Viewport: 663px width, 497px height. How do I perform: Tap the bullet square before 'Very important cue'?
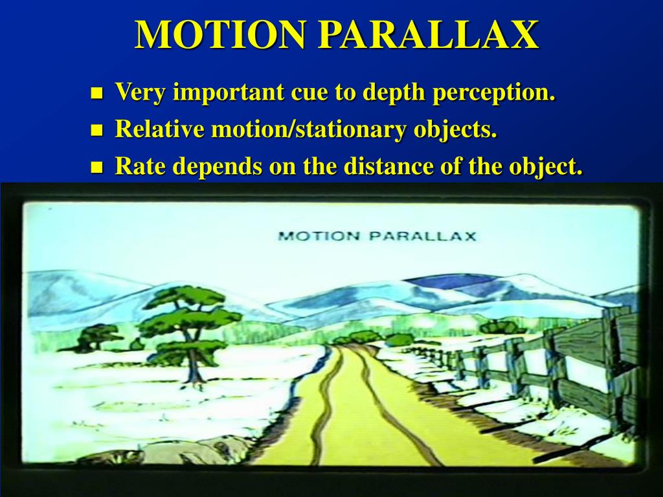click(x=97, y=93)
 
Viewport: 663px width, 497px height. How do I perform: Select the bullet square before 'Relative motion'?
click(x=97, y=130)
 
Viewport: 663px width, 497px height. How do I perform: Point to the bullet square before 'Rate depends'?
click(x=97, y=168)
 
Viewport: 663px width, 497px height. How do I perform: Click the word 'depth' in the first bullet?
click(x=394, y=93)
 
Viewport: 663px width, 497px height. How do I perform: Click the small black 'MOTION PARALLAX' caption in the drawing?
click(x=377, y=236)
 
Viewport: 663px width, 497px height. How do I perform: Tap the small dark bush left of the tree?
click(x=97, y=337)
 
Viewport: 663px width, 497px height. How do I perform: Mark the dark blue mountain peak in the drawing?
click(x=453, y=281)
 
